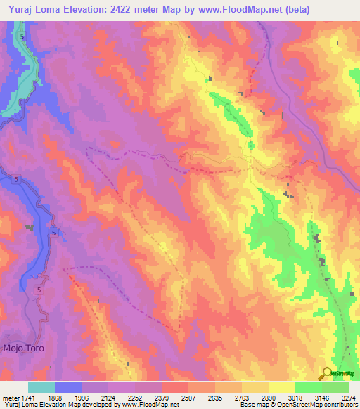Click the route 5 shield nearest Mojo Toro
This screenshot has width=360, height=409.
[39, 290]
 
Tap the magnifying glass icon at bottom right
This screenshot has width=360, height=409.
[327, 373]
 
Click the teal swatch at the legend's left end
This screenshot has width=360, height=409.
[41, 387]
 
